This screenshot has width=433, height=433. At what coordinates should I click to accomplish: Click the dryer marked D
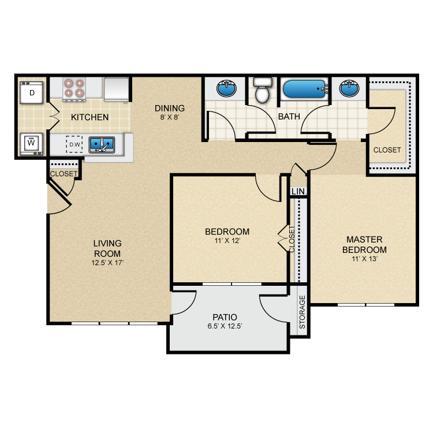pos(32,92)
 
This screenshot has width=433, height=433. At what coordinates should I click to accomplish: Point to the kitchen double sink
pos(102,144)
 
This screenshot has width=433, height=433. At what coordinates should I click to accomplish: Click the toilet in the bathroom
pos(262,91)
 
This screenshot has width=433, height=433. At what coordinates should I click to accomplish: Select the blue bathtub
pos(304,90)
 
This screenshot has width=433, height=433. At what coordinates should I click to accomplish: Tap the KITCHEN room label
pos(89,117)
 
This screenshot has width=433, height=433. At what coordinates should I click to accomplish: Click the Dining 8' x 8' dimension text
pos(169,117)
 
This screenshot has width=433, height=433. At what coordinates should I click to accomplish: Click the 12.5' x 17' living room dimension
pos(107,263)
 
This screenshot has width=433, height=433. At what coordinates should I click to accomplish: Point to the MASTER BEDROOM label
pos(364,244)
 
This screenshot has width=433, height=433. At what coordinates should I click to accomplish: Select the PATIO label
pos(225,317)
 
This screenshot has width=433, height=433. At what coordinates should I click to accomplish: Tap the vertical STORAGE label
pos(302,316)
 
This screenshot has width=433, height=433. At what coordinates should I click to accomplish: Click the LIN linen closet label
pos(298,191)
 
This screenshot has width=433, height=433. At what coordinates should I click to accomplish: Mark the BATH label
pos(289,117)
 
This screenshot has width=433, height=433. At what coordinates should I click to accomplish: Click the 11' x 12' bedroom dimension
pos(227,241)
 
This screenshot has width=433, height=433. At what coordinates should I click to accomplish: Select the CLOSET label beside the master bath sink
pos(387,150)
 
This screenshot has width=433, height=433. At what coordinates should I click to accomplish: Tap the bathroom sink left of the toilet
pos(226,89)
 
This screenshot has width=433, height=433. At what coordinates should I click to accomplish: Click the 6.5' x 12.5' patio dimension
pos(225,326)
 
